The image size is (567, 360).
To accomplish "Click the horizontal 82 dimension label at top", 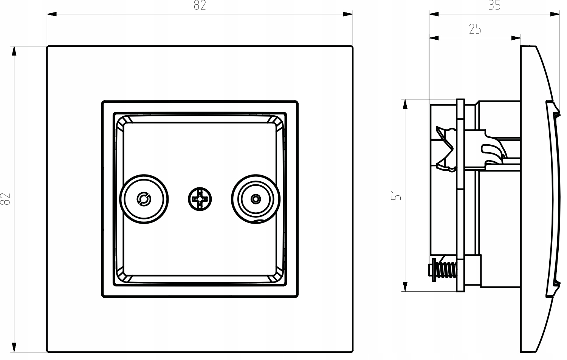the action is (200, 5).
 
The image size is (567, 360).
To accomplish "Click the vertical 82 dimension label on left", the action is (5, 199).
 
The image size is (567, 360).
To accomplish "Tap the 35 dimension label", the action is (494, 5).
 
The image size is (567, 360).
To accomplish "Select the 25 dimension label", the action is (475, 29).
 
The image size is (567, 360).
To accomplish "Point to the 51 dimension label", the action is (396, 195).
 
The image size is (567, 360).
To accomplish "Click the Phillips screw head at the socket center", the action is (200, 199).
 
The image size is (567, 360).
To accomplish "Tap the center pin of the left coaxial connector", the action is (144, 199).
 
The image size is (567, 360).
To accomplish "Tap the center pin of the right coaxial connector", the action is (256, 199).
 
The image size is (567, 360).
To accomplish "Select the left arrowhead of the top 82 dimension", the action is (52, 14).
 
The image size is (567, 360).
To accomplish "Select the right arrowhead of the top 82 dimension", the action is (348, 14).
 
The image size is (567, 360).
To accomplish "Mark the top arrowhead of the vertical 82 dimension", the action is (14, 51).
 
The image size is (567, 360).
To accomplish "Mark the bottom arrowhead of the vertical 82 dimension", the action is (14, 347).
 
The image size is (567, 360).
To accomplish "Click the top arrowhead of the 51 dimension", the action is (405, 104).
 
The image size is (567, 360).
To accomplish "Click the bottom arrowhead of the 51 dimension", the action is (405, 286).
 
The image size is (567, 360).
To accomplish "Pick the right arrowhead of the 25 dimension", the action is (516, 38).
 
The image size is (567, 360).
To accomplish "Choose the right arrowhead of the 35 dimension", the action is (555, 14).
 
